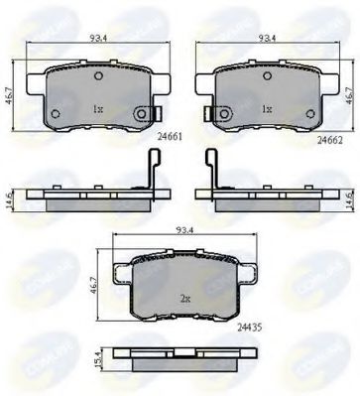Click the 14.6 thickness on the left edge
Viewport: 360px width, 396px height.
[x=10, y=195]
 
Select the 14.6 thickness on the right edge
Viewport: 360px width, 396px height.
[x=348, y=195]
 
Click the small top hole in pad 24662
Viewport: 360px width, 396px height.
[x=267, y=75]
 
